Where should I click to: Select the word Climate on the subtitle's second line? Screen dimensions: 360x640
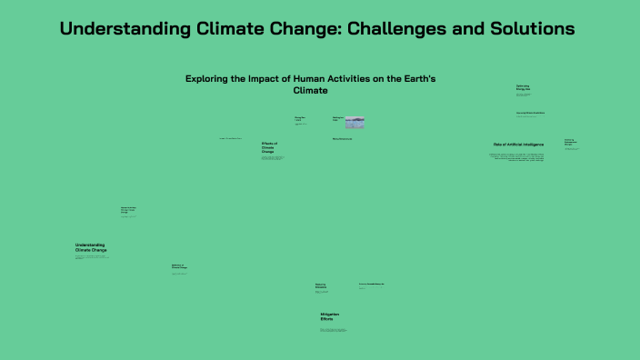pos(310,91)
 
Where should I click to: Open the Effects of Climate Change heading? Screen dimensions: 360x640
pos(269,147)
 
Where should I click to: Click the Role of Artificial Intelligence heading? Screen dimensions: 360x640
pos(518,145)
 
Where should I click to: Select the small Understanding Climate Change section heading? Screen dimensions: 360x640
pos(90,246)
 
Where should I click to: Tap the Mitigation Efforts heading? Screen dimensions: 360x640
pos(329,317)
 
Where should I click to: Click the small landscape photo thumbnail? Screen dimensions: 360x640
pos(355,122)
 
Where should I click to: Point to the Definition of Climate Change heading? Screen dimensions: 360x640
pos(179,267)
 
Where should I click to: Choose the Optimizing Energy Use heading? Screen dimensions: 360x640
pos(523,87)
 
